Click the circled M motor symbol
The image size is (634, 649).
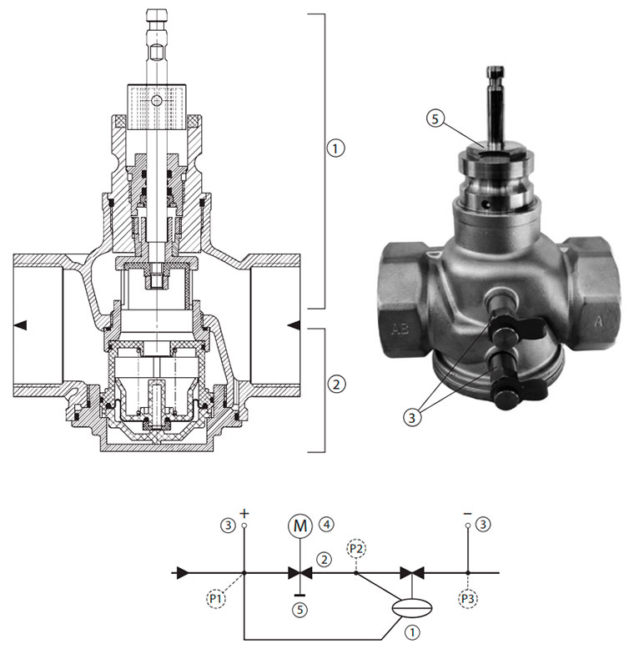pos(299,526)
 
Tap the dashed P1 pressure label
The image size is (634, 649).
pos(216,597)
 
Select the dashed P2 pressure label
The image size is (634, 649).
pos(356,549)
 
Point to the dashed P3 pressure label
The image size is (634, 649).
pos(468,598)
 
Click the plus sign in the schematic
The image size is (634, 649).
pos(244,514)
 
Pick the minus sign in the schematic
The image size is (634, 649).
pos(468,514)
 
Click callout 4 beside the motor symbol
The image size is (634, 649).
pos(326,525)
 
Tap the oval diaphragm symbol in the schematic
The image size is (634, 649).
pos(412,607)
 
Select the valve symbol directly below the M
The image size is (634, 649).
pos(300,573)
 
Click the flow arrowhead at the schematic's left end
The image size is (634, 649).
pos(183,573)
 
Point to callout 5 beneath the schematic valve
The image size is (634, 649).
pos(300,610)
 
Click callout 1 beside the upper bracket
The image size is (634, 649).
pos(335,148)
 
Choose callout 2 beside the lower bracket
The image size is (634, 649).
pos(336,385)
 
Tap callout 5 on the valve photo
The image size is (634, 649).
pos(435,119)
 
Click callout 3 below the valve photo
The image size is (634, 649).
pos(412,417)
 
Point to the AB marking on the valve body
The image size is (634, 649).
pos(400,329)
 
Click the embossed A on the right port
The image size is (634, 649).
pos(598,321)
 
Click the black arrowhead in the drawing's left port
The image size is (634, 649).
pos(20,325)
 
